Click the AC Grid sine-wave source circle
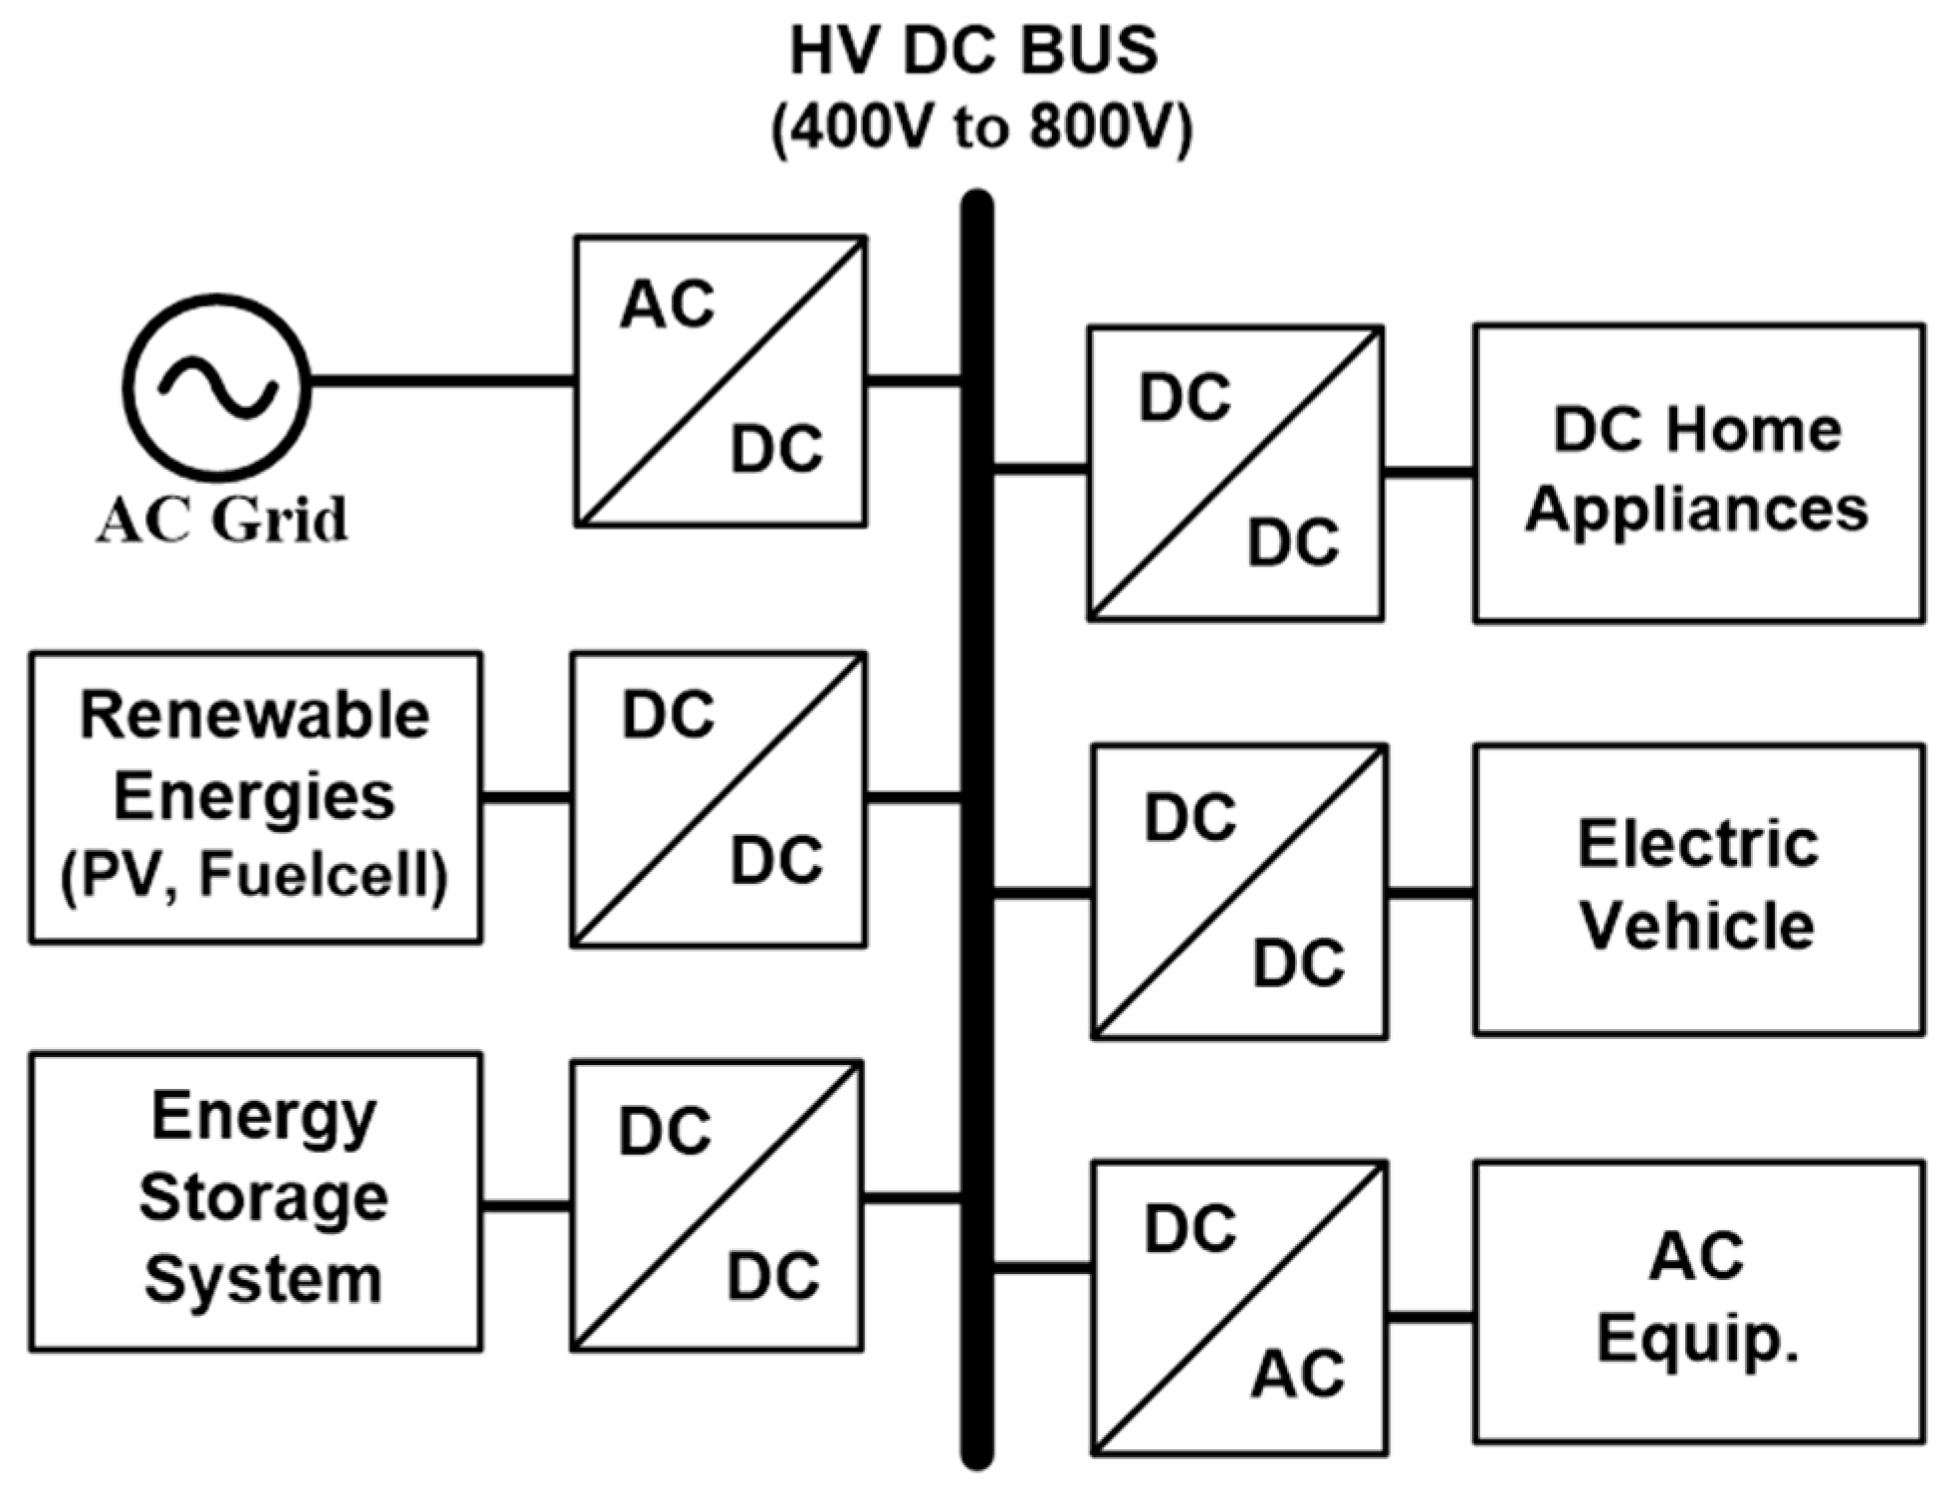[217, 388]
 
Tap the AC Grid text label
[222, 520]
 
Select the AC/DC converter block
[720, 380]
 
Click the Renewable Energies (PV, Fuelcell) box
[256, 797]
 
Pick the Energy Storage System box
[256, 1201]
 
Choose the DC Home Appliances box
[1697, 473]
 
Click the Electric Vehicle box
[1697, 890]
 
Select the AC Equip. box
[1697, 1300]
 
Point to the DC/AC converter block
[1238, 1308]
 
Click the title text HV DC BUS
[974, 52]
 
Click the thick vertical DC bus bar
[976, 826]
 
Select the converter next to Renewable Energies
[718, 798]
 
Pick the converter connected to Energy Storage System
[717, 1204]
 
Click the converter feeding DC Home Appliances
[1234, 473]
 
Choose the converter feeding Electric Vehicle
[1238, 892]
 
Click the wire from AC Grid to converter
[442, 381]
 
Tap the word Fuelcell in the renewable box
[321, 876]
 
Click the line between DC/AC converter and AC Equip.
[1430, 1318]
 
